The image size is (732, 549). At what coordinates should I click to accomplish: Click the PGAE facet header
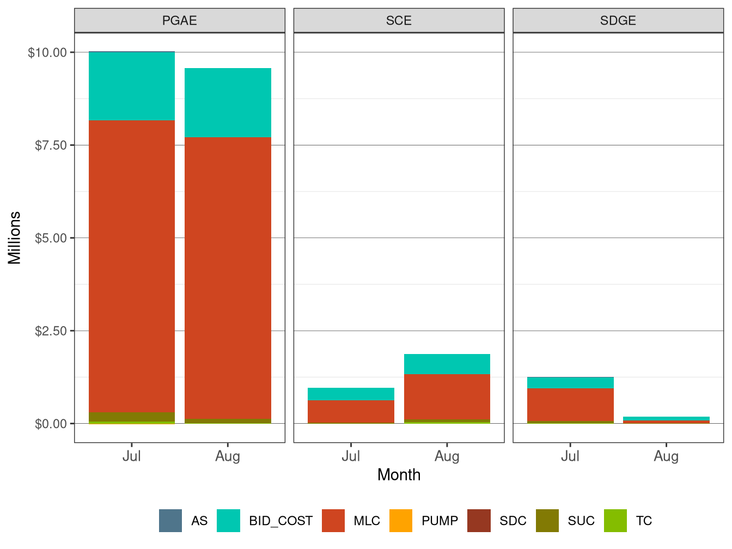click(179, 21)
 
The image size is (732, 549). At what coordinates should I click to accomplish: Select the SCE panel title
click(399, 21)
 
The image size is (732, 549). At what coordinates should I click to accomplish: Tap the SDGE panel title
click(618, 21)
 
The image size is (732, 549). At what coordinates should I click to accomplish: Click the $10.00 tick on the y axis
click(47, 53)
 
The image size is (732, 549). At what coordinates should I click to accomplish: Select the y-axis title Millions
click(15, 238)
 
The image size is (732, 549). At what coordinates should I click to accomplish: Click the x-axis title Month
click(399, 475)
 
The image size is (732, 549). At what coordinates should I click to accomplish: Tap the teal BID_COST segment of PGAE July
click(132, 86)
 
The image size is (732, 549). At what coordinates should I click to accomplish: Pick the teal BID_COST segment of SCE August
click(447, 364)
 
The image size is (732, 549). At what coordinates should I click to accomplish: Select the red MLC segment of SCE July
click(351, 411)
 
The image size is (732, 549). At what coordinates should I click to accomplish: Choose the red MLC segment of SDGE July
click(570, 405)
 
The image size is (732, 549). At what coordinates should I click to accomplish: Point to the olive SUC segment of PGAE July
click(132, 417)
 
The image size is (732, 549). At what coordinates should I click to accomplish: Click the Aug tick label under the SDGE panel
click(666, 456)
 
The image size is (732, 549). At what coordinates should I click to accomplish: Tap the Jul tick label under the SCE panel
click(351, 456)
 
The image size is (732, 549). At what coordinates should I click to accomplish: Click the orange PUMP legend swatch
click(401, 521)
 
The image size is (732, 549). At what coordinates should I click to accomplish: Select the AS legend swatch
click(170, 521)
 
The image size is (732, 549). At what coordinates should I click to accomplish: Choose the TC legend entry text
click(644, 521)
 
